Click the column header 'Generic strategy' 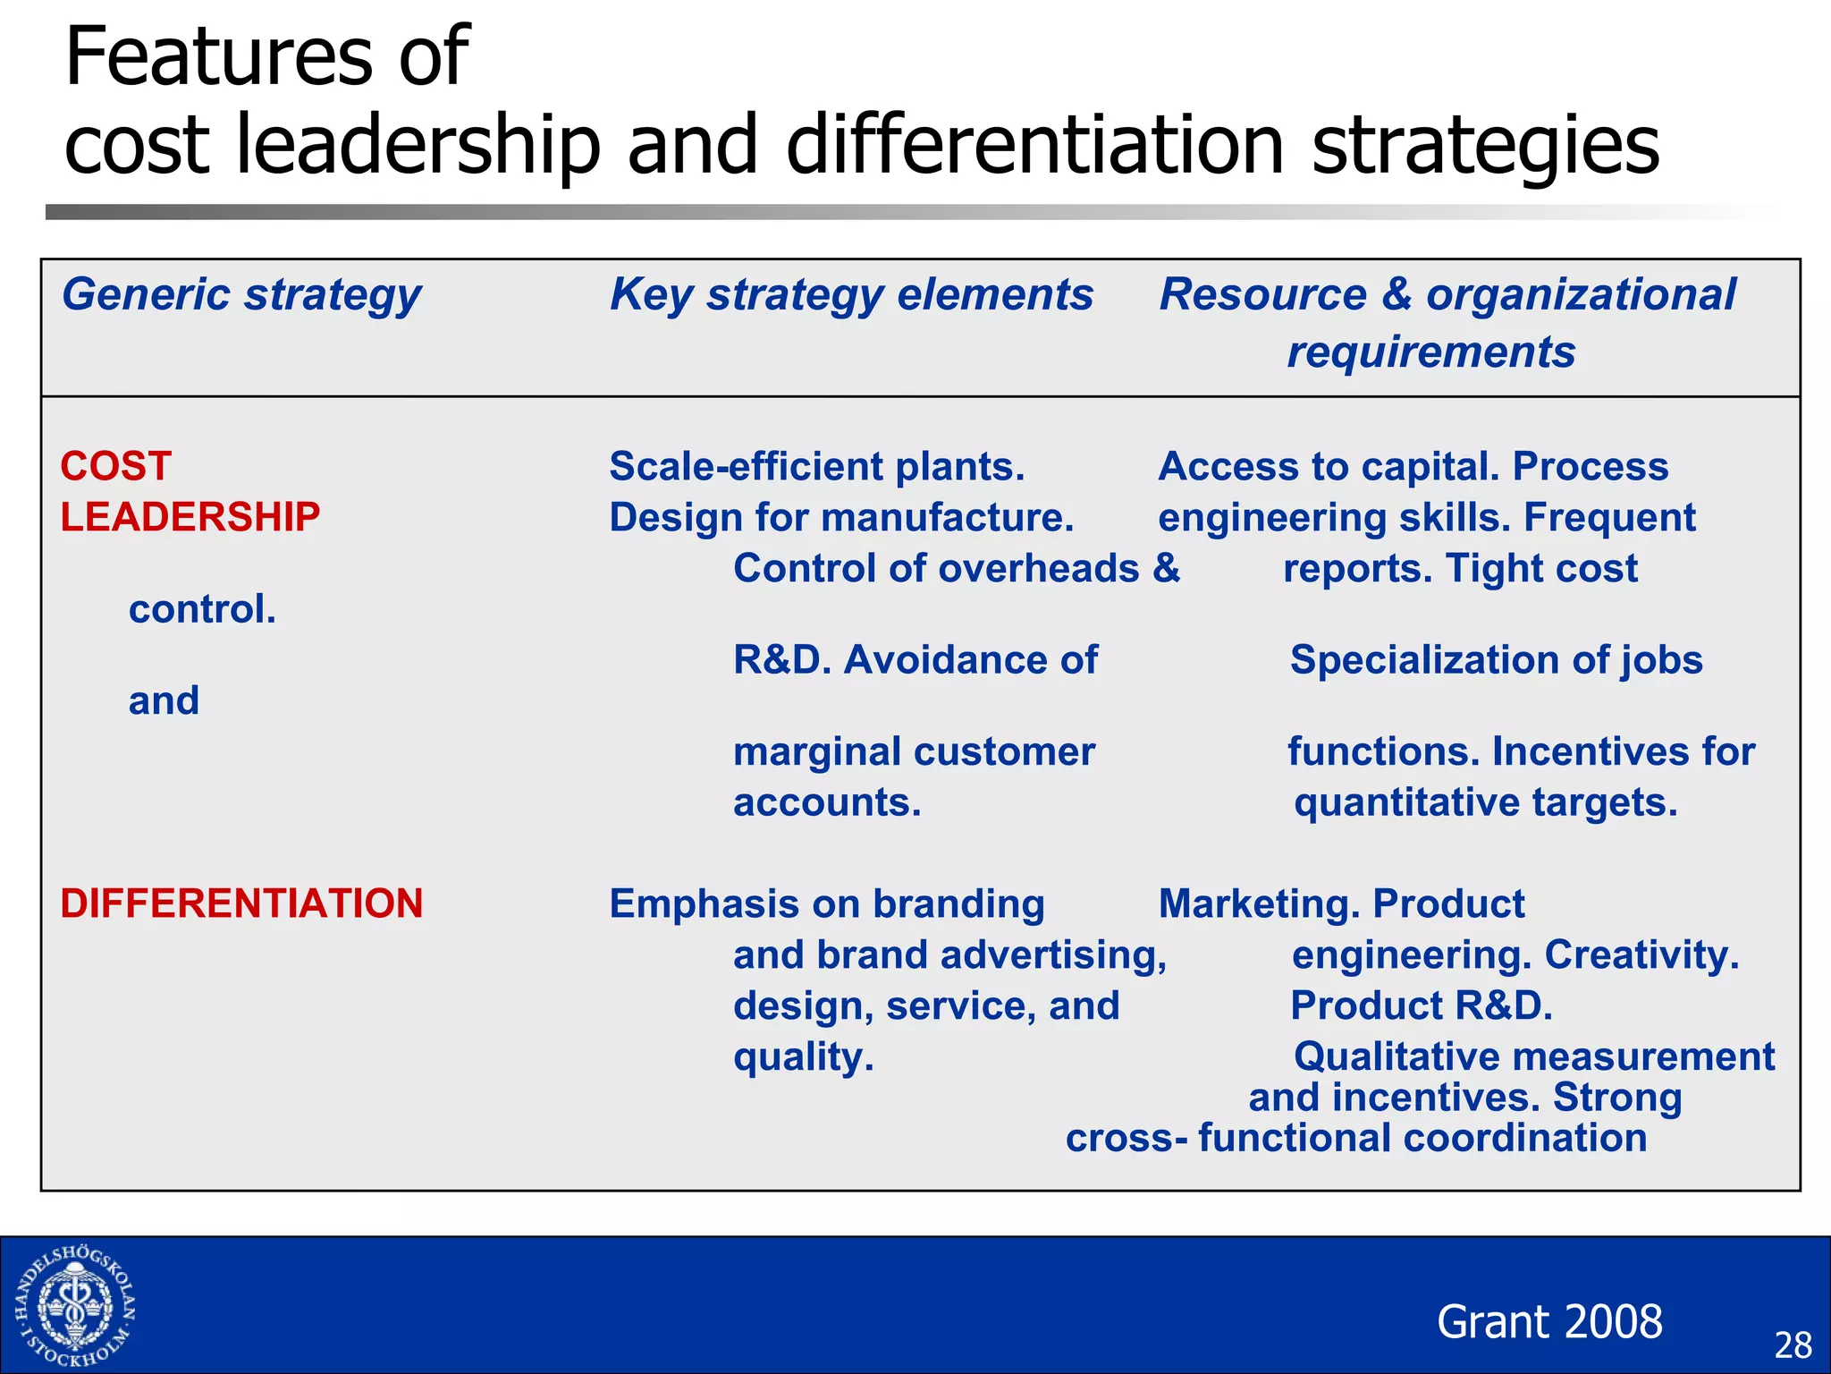pos(241,295)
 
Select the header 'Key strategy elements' pos(851,295)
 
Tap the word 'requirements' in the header pos(1430,352)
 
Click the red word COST pos(116,467)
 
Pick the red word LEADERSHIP pos(190,518)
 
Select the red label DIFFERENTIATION pos(241,904)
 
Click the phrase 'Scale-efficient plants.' pos(816,467)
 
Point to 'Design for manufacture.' pos(841,518)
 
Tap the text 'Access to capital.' pos(1329,467)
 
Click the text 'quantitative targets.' pos(1485,802)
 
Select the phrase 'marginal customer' pos(914,751)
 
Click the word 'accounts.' pos(827,802)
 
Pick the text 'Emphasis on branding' pos(827,904)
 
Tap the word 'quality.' pos(803,1057)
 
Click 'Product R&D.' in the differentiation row pos(1422,1006)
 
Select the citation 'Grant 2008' pos(1549,1322)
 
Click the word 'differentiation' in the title pos(1035,145)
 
